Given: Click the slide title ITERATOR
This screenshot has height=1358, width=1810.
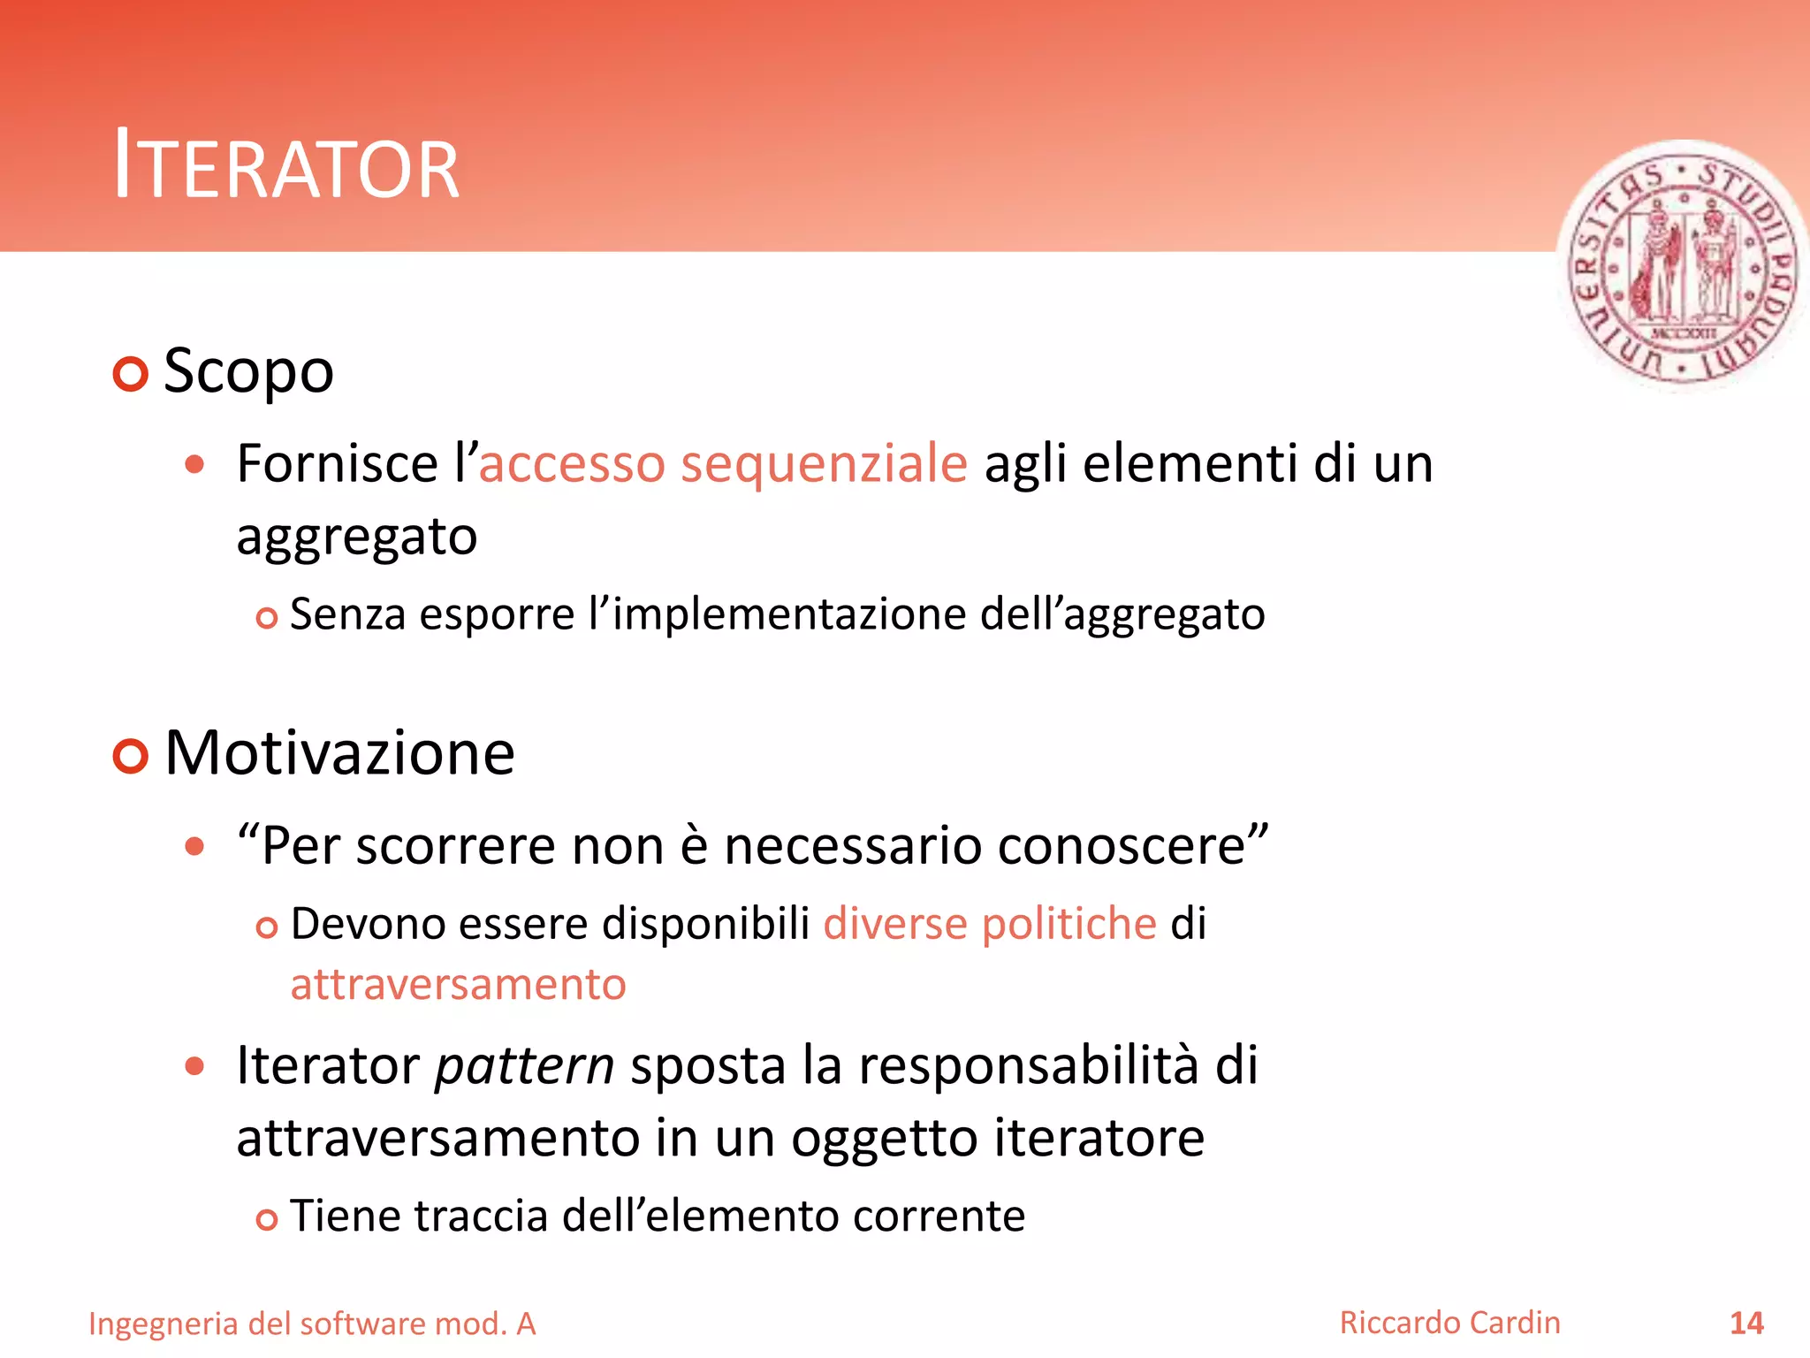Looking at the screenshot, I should click(x=286, y=165).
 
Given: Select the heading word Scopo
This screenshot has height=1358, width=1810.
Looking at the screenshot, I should click(x=248, y=371).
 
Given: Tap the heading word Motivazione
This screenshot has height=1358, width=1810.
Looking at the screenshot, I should click(x=339, y=753).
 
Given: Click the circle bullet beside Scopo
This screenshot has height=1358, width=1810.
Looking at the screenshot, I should click(x=131, y=374).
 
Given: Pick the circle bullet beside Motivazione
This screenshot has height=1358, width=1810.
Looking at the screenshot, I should click(x=131, y=756).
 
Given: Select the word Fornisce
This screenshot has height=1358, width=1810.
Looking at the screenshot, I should click(x=338, y=464).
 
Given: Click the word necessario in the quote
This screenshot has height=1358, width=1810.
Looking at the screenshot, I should click(x=853, y=846).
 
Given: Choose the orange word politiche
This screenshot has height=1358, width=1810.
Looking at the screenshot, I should click(x=1069, y=924).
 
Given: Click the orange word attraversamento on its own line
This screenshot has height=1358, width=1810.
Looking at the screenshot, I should click(x=458, y=984).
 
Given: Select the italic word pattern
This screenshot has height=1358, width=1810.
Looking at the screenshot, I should click(x=525, y=1066).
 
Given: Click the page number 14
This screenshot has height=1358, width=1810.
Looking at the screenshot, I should click(x=1746, y=1323).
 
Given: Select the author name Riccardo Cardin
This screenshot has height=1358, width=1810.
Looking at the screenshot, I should click(x=1449, y=1323).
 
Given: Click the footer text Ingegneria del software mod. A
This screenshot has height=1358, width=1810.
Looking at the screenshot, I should click(x=312, y=1324).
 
